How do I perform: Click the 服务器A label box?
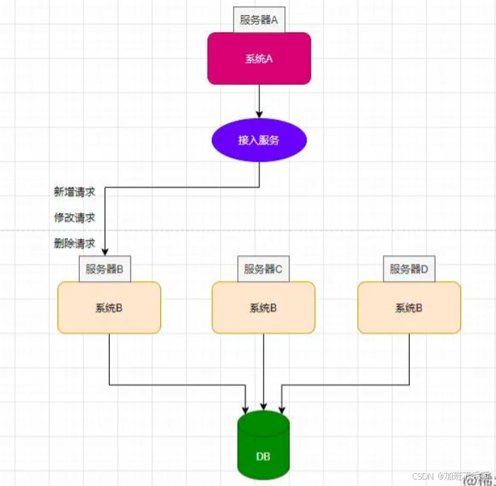coord(259,20)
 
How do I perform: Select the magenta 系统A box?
coord(259,59)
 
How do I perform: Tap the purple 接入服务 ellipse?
coord(259,141)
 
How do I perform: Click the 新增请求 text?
coord(75,191)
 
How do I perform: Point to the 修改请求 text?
coord(75,217)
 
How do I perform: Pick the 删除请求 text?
coord(75,243)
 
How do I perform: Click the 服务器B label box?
coord(105,269)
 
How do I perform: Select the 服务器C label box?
coord(264,269)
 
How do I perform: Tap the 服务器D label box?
coord(409,269)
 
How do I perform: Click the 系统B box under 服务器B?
coord(109,308)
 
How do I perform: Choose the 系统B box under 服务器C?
coord(264,308)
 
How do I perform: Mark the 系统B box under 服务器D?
coord(409,308)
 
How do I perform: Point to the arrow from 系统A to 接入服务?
coord(259,100)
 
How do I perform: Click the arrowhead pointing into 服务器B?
coord(105,251)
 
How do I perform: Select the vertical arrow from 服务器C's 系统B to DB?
coord(264,371)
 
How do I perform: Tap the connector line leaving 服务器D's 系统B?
coord(409,360)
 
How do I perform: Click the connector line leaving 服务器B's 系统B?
coord(109,360)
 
